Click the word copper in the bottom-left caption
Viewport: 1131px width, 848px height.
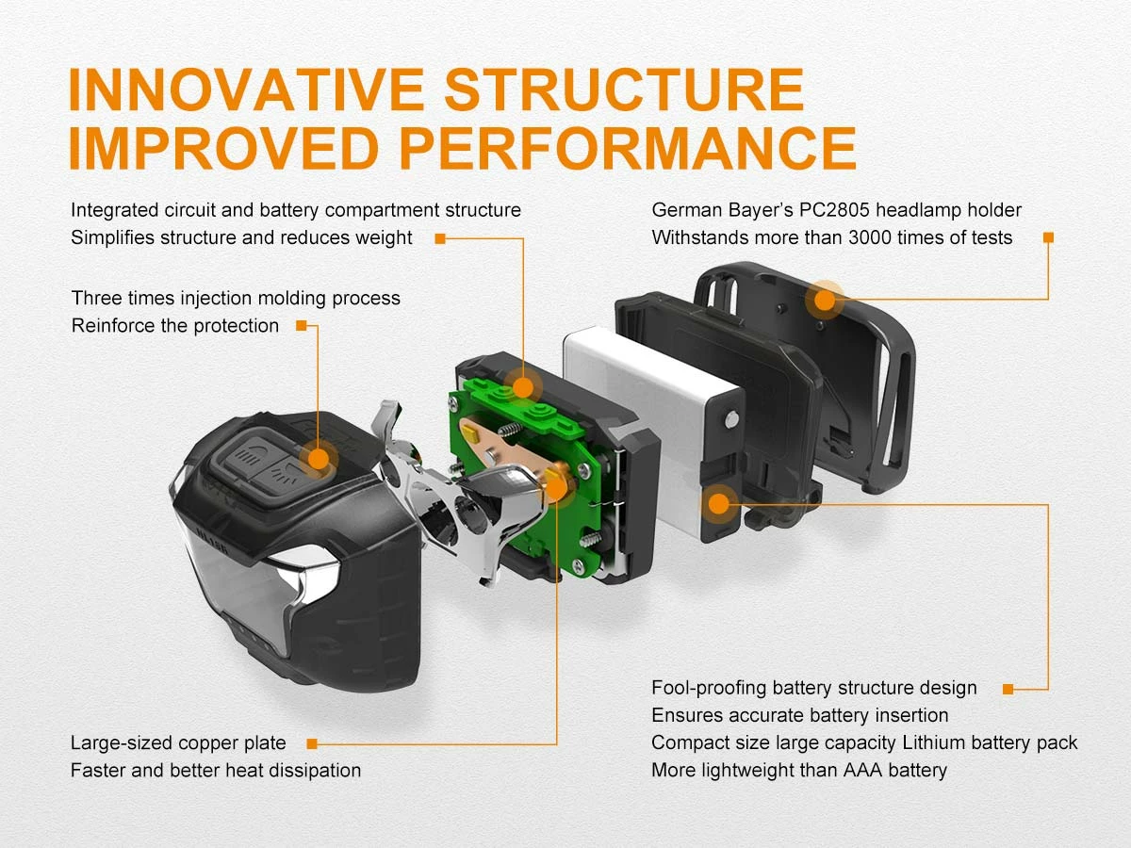coord(202,743)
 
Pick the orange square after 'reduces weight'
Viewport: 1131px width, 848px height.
coord(439,238)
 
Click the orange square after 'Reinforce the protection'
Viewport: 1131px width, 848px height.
coord(301,326)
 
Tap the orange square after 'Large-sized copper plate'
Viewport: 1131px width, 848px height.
coord(311,743)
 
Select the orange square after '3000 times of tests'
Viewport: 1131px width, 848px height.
coord(1048,238)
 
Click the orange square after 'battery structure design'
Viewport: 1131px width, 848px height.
coord(1008,689)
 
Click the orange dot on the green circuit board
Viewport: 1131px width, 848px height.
coord(520,386)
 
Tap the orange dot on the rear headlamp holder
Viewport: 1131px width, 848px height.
coord(825,301)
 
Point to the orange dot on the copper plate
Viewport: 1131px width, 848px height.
coord(556,486)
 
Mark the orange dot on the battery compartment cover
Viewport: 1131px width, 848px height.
coord(719,503)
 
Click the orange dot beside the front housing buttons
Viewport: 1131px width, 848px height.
coord(319,459)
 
